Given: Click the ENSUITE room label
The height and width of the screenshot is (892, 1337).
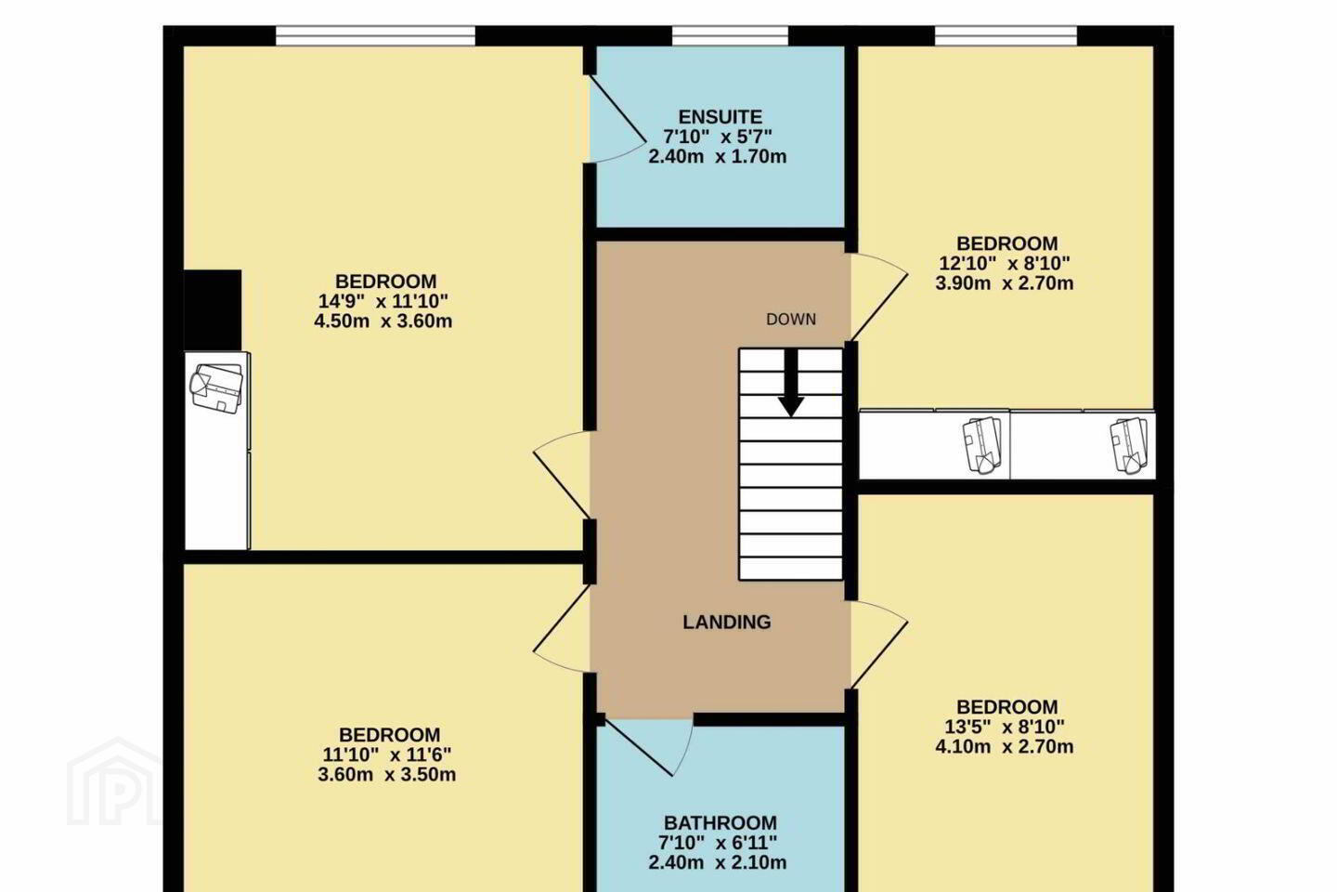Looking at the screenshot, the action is [720, 116].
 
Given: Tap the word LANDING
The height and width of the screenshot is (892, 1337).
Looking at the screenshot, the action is [726, 623].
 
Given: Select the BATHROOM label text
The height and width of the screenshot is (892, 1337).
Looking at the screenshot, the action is [720, 822].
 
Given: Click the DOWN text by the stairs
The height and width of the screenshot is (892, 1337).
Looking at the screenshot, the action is [791, 320].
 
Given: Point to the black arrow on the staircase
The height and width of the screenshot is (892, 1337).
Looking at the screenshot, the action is [791, 383].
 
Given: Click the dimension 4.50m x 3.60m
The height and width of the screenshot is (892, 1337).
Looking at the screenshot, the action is [383, 321].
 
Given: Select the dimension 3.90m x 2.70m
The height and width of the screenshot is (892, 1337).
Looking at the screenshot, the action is [1005, 283].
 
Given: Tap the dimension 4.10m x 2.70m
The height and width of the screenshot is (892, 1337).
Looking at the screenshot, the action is [1005, 747].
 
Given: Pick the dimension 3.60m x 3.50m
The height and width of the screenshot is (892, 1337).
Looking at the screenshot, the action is [387, 775].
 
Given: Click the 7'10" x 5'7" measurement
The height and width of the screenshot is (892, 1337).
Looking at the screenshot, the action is [718, 137].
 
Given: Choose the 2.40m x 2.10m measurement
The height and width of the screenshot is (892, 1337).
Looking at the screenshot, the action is [718, 862].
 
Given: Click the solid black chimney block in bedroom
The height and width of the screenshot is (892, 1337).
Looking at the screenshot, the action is [213, 310].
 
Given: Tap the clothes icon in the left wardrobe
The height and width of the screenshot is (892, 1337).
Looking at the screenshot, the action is [216, 387].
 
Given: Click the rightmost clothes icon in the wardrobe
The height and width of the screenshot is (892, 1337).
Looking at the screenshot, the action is [1128, 446].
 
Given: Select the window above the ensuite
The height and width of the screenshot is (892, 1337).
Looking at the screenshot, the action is [730, 36].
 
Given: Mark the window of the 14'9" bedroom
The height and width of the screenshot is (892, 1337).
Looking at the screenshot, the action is [375, 36].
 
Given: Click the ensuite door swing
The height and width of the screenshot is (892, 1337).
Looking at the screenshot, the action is [618, 119].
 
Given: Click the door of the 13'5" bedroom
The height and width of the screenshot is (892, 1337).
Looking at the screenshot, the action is [879, 646].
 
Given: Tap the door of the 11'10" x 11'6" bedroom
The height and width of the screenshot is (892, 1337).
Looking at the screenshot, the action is [562, 628].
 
